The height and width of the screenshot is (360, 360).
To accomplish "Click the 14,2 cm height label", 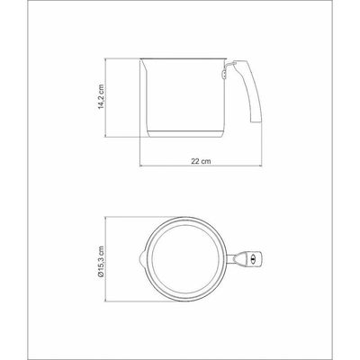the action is (x=102, y=96).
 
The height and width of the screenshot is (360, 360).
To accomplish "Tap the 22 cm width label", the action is (x=201, y=161).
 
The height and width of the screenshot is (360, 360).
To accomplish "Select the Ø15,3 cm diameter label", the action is (x=101, y=261).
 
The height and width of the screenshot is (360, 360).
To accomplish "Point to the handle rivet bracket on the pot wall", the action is (x=224, y=74).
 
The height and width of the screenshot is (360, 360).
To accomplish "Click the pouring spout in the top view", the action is (x=142, y=258).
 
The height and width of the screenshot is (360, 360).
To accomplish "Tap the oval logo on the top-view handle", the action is (x=251, y=258).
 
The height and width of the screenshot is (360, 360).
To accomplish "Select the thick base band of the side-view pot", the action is (x=186, y=134).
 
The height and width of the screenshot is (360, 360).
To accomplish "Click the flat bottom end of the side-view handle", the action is (x=256, y=121).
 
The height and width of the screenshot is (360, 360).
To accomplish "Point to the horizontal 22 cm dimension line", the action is (x=201, y=166).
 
